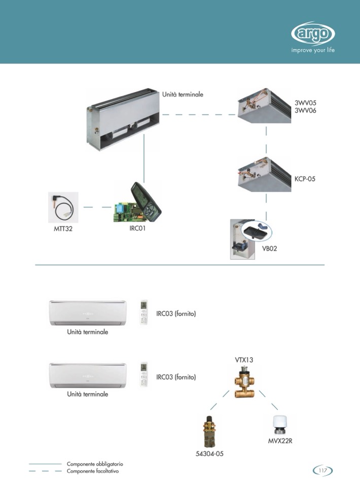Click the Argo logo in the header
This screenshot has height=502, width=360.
[313, 34]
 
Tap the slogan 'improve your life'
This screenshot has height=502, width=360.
[313, 50]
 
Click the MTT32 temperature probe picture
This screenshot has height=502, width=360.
[63, 207]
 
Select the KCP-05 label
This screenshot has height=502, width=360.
[305, 179]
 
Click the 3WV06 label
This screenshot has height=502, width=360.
[305, 110]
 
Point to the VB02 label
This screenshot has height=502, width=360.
[269, 249]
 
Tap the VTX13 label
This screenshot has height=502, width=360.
[244, 360]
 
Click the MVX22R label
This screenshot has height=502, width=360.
[280, 441]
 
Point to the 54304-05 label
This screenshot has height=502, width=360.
[209, 454]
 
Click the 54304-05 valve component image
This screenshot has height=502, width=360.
[208, 430]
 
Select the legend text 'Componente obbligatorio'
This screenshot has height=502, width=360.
[95, 464]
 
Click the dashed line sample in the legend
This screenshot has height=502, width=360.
[45, 471]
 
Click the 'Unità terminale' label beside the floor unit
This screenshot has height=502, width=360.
[183, 94]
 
